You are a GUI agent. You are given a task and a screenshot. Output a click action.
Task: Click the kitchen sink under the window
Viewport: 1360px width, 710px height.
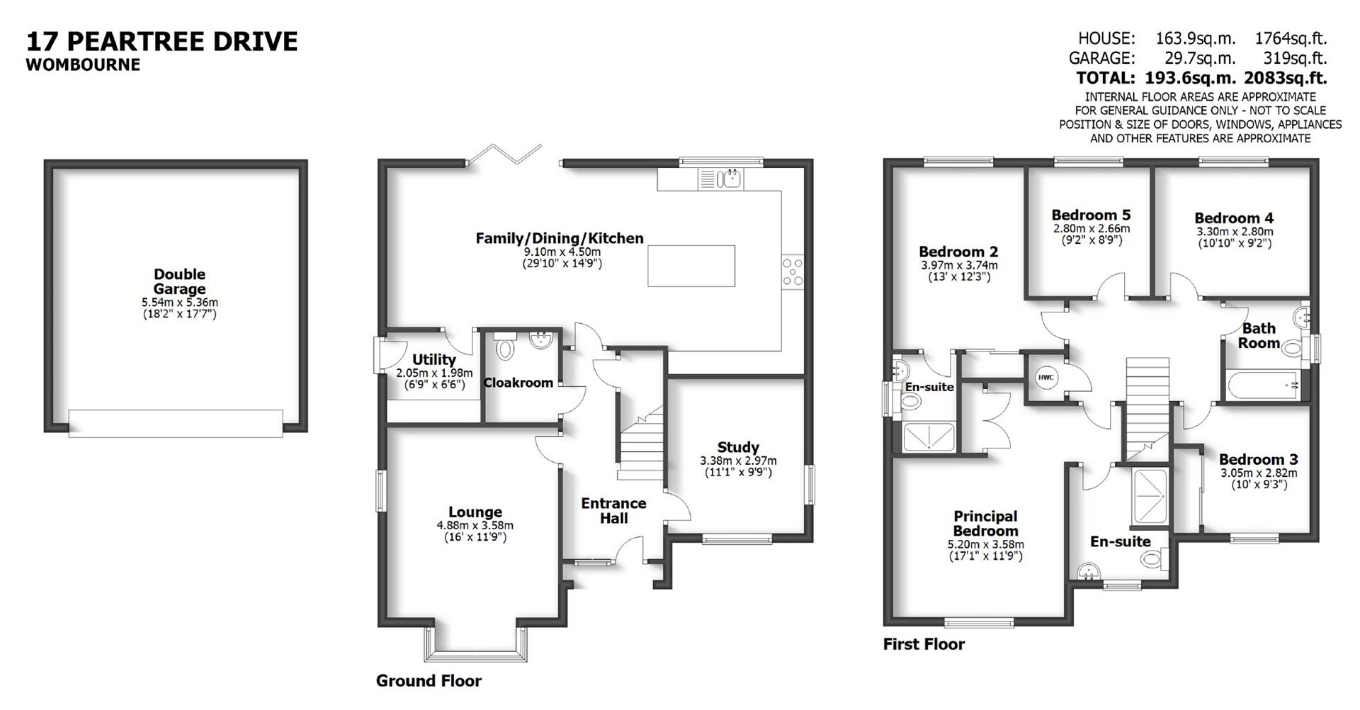point(730,179)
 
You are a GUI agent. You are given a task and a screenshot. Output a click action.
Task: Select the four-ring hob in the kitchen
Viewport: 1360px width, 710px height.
point(793,272)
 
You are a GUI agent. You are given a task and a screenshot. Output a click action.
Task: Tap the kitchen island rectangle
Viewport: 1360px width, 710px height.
point(691,265)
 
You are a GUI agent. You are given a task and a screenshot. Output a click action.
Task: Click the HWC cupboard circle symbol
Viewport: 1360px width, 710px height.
point(1046,378)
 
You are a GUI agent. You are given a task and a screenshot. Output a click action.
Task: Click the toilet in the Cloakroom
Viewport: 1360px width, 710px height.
point(505,348)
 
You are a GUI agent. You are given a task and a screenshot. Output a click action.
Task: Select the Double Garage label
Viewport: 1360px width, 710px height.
point(179,281)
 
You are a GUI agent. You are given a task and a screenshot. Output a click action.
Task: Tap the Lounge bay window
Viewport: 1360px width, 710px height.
point(477,645)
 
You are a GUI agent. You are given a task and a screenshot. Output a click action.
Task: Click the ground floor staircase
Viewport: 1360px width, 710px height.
point(641,443)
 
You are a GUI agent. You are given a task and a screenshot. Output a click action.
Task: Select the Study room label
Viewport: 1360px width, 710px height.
point(738,447)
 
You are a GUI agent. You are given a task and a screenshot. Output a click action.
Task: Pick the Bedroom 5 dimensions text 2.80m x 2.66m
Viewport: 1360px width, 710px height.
point(1091,229)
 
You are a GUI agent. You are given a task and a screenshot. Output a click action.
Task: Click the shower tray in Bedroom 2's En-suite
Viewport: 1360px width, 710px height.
point(929,436)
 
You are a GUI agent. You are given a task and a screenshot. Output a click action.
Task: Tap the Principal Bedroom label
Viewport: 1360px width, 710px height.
point(985,524)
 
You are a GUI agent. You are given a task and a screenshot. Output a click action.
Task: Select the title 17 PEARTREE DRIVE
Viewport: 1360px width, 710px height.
point(161,41)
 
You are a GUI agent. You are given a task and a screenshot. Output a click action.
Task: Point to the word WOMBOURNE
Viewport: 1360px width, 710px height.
point(83,64)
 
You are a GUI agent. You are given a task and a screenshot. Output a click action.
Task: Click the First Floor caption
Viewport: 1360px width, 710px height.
point(924,644)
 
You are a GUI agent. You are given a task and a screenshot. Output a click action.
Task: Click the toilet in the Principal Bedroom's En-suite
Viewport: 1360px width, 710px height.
point(1150,559)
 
